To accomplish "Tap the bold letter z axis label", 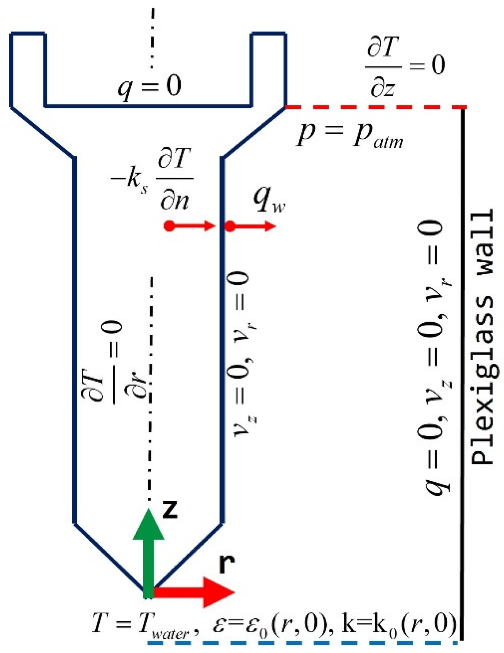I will [169, 509].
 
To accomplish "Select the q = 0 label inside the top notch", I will [150, 87].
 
